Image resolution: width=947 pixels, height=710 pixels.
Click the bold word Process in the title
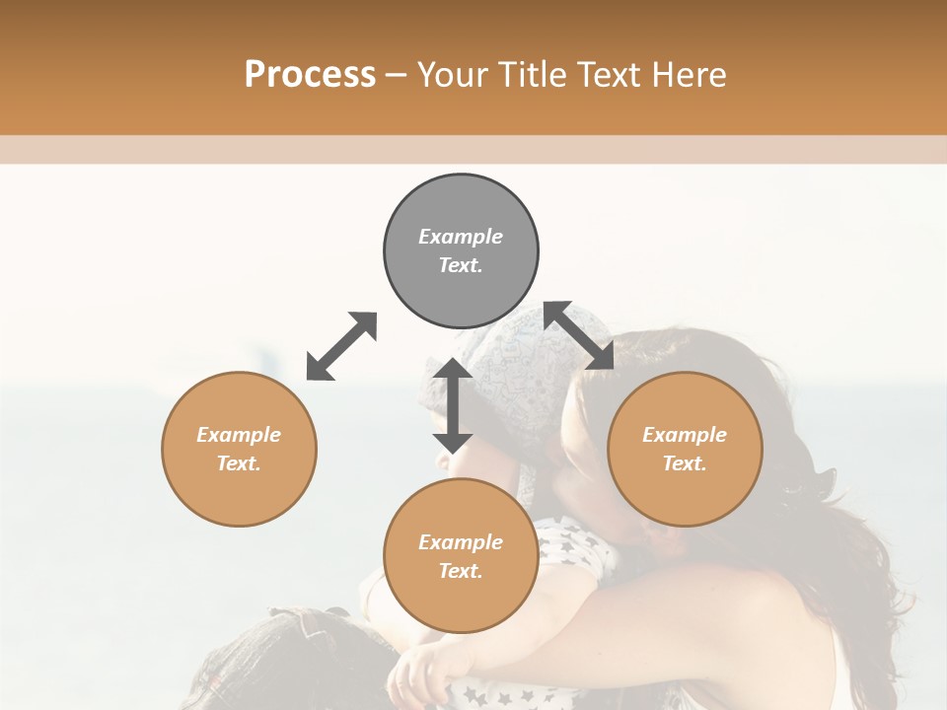310,74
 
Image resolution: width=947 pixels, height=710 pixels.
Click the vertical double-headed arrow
453,405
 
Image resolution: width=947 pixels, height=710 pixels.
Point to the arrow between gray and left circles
341,346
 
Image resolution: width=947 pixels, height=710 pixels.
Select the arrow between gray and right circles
579,335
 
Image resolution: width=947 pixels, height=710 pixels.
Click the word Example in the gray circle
461,237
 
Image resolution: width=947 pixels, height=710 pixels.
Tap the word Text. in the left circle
239,463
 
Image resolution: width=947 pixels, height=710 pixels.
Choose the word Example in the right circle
685,435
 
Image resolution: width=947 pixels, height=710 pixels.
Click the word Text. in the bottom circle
461,571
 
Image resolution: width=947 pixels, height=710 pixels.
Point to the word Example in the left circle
239,435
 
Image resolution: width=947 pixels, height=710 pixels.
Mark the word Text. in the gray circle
461,265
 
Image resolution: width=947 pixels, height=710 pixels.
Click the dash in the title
396,75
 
